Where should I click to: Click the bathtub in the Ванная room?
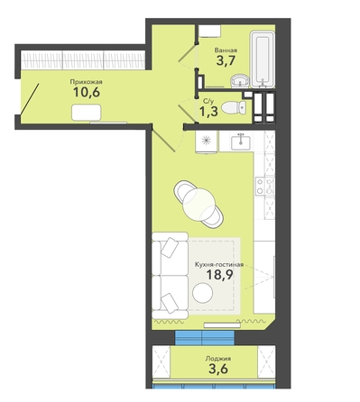[x=263, y=59]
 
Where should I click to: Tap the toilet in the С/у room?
[x=234, y=107]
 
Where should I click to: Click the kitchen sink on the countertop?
[x=241, y=142]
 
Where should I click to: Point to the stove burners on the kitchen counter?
[x=264, y=186]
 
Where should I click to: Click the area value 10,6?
[x=87, y=92]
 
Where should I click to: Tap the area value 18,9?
[x=219, y=274]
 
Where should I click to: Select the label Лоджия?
[x=218, y=359]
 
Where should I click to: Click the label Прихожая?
[x=86, y=82]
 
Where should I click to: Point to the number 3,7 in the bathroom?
[x=226, y=60]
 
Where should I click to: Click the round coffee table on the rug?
[x=203, y=293]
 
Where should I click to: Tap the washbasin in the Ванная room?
[x=240, y=80]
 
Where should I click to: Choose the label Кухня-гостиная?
[x=219, y=265]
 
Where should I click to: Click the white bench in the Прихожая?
[x=87, y=113]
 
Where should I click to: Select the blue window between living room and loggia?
[x=205, y=337]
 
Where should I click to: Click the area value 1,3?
[x=208, y=112]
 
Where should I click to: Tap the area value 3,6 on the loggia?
[x=218, y=369]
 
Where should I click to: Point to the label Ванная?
[x=226, y=50]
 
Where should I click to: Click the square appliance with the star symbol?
[x=206, y=141]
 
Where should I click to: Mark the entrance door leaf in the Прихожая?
[x=30, y=99]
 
